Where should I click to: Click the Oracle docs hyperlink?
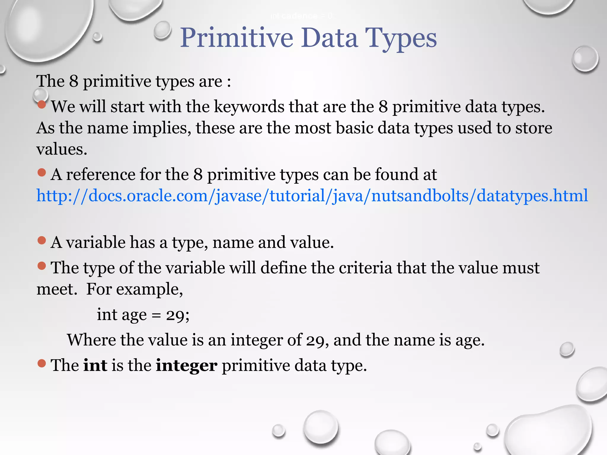[x=312, y=196]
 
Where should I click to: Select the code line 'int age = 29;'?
[x=143, y=315]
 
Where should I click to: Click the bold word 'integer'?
[x=186, y=365]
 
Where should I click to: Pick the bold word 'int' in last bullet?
[x=95, y=365]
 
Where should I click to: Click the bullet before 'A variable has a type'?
[x=42, y=240]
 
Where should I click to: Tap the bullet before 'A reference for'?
[x=42, y=172]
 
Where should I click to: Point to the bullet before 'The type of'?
[x=42, y=266]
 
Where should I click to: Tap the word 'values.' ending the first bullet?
[x=62, y=149]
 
